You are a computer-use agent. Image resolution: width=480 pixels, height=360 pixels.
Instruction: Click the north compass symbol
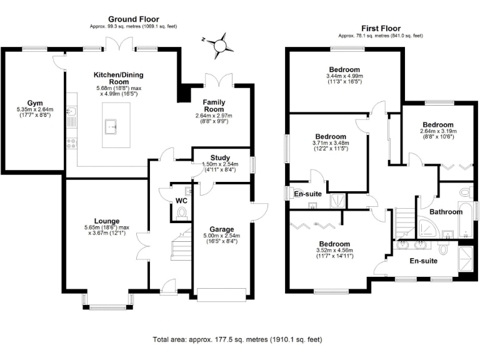pyautogui.click(x=219, y=45)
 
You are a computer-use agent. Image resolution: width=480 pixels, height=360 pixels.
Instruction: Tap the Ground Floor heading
pyautogui.click(x=133, y=19)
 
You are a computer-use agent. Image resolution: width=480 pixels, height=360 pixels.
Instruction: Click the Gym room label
pyautogui.click(x=34, y=102)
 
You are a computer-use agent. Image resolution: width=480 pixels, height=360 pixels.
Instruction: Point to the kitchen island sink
pyautogui.click(x=113, y=126)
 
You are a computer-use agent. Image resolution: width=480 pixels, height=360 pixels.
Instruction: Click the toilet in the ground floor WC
pyautogui.click(x=182, y=214)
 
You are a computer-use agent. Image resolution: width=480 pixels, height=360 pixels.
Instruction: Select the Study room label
pyautogui.click(x=221, y=158)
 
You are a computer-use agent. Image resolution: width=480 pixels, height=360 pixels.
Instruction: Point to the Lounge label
pyautogui.click(x=107, y=220)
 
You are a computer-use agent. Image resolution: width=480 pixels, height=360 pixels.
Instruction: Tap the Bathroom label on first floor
pyautogui.click(x=446, y=212)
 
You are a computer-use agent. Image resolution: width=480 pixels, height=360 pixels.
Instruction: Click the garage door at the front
pyautogui.click(x=221, y=294)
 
